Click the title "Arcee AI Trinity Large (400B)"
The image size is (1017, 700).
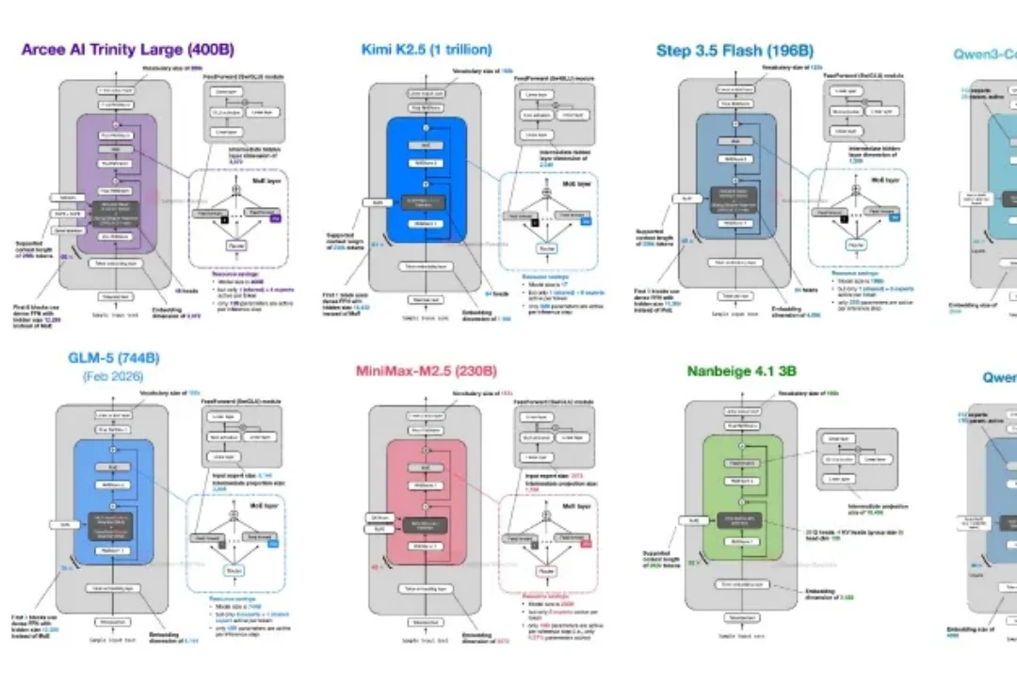pyautogui.click(x=127, y=49)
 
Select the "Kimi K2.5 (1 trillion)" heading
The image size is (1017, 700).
pyautogui.click(x=426, y=49)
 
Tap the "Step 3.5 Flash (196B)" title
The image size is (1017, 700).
pyautogui.click(x=734, y=51)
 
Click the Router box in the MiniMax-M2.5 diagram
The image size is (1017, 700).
pyautogui.click(x=544, y=571)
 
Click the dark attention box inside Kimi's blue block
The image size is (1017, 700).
pyautogui.click(x=426, y=201)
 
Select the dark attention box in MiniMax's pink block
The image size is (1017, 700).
pyautogui.click(x=426, y=523)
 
